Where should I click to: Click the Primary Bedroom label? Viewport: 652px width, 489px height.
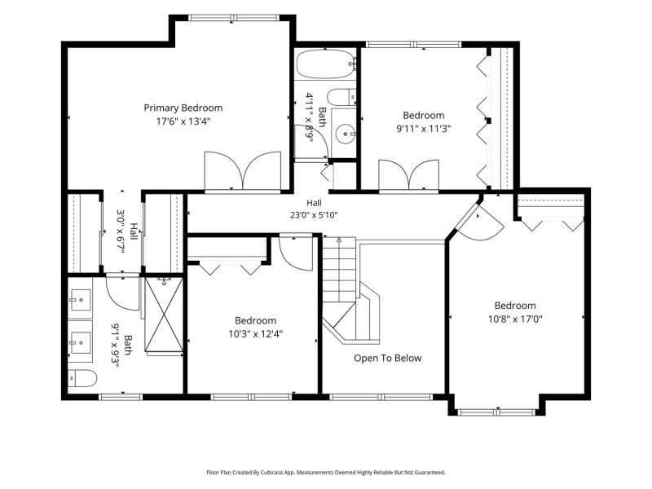(183, 108)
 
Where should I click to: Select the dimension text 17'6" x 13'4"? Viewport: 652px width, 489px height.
(183, 121)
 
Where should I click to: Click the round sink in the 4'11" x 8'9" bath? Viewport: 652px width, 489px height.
(345, 134)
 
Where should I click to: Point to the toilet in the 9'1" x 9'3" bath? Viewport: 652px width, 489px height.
(82, 378)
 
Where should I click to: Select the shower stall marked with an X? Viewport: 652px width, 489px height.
(164, 315)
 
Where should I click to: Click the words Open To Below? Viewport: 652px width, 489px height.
(388, 358)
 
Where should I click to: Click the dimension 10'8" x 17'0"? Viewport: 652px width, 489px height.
(515, 319)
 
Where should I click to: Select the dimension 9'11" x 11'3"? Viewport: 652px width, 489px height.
(424, 129)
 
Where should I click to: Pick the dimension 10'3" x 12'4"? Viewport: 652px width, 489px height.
(255, 334)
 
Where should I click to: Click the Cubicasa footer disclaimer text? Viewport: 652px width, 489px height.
(326, 473)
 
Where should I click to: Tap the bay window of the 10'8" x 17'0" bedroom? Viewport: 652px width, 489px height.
(496, 412)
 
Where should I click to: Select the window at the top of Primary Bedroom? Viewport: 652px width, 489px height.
(233, 18)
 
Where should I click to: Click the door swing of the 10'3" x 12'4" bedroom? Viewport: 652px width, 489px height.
(296, 253)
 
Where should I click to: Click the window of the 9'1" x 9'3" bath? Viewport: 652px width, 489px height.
(121, 397)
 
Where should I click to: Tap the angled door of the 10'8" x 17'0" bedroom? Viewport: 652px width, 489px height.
(480, 220)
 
